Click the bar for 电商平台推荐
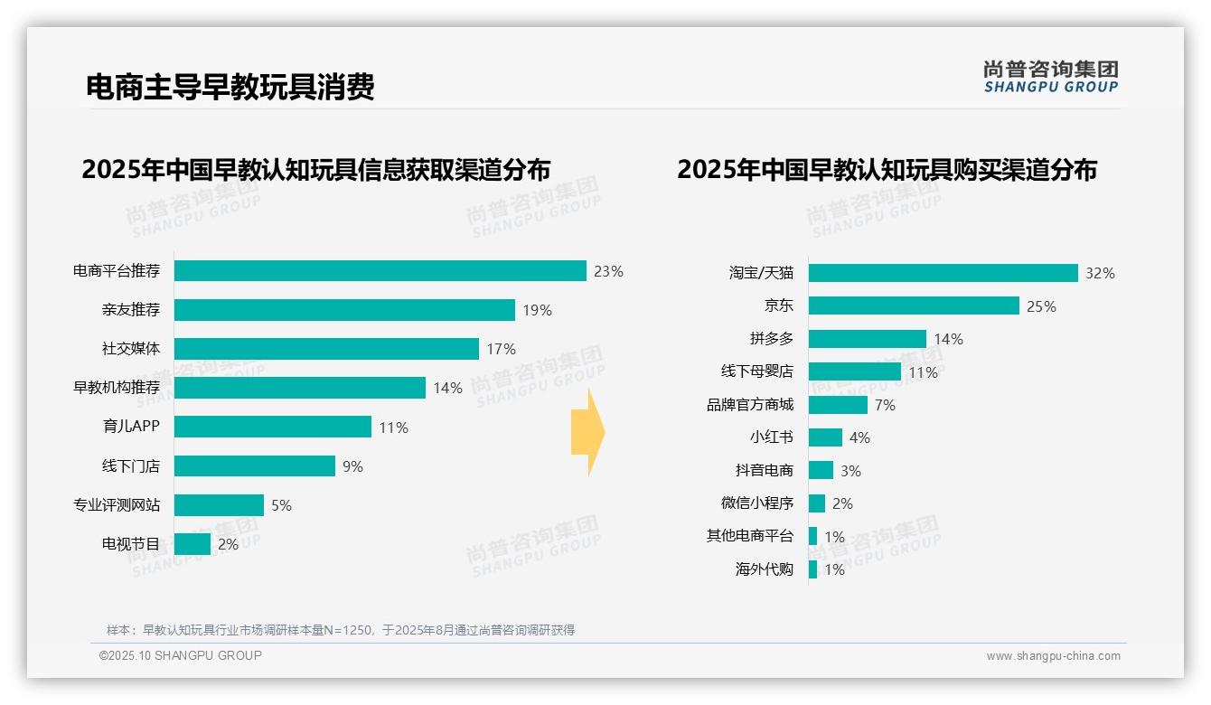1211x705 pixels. (380, 271)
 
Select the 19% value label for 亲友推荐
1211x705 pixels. (537, 311)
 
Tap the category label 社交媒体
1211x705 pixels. (131, 349)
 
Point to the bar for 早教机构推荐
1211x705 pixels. (299, 388)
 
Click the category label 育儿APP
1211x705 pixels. (131, 427)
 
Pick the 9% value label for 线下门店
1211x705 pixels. (352, 466)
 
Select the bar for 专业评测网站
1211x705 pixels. (219, 505)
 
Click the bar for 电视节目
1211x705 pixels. (192, 544)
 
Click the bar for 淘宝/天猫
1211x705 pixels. (943, 273)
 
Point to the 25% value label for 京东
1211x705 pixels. (1041, 306)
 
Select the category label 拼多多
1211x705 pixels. (771, 339)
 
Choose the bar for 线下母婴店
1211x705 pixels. (854, 371)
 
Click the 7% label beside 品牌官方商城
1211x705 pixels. (885, 405)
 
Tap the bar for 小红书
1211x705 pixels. (825, 437)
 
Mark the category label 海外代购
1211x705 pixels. (764, 569)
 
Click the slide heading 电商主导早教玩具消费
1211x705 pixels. (230, 87)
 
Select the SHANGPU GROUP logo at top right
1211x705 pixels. (1050, 77)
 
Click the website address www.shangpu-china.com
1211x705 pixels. (1053, 656)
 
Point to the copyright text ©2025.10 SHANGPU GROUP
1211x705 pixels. (181, 655)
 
